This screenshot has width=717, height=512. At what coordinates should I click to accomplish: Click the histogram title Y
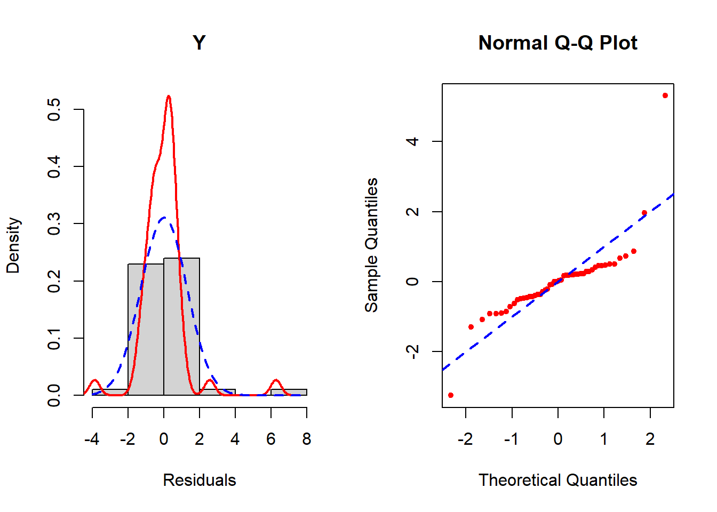click(199, 43)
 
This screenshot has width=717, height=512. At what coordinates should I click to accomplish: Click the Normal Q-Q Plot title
click(557, 43)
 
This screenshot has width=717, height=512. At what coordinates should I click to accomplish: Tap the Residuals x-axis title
click(199, 480)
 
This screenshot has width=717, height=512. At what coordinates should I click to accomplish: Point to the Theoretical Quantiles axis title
click(557, 480)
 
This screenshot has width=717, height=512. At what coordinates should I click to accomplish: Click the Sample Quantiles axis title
click(371, 245)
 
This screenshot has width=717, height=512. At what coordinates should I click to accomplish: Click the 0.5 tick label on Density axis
click(54, 109)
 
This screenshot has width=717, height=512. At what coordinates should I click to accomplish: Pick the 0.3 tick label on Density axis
click(54, 223)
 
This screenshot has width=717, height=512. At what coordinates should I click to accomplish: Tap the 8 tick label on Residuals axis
click(306, 439)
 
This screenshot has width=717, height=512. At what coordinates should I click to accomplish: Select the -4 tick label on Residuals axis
click(92, 439)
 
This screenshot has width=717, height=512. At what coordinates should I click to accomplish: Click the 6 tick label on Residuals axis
click(270, 439)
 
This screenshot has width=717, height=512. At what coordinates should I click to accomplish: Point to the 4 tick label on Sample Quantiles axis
click(412, 141)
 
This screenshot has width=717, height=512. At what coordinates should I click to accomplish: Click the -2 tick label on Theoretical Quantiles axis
click(465, 439)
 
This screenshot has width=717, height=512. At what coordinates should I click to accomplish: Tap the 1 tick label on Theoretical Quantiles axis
click(604, 439)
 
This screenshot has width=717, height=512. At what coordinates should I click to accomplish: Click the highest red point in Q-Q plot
click(665, 95)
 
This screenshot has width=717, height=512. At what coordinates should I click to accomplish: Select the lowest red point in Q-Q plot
click(451, 395)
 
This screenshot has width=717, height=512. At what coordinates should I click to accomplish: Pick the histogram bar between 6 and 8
click(289, 393)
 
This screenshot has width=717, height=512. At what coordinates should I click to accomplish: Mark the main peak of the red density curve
click(169, 97)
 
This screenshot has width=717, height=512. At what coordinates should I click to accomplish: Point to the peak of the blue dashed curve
click(164, 217)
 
